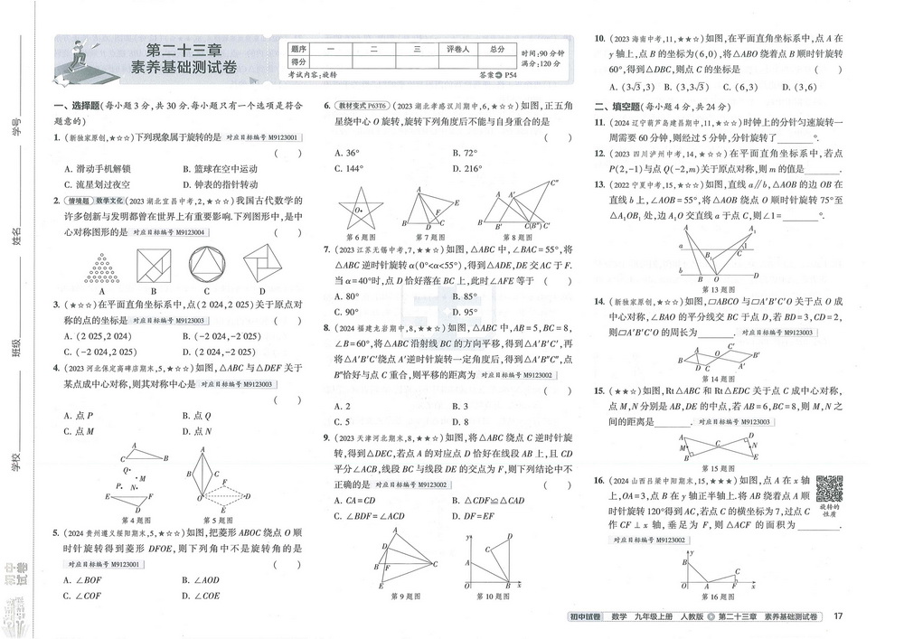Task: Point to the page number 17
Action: (838, 616)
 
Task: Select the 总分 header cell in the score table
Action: (497, 51)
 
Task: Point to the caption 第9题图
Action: (408, 597)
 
